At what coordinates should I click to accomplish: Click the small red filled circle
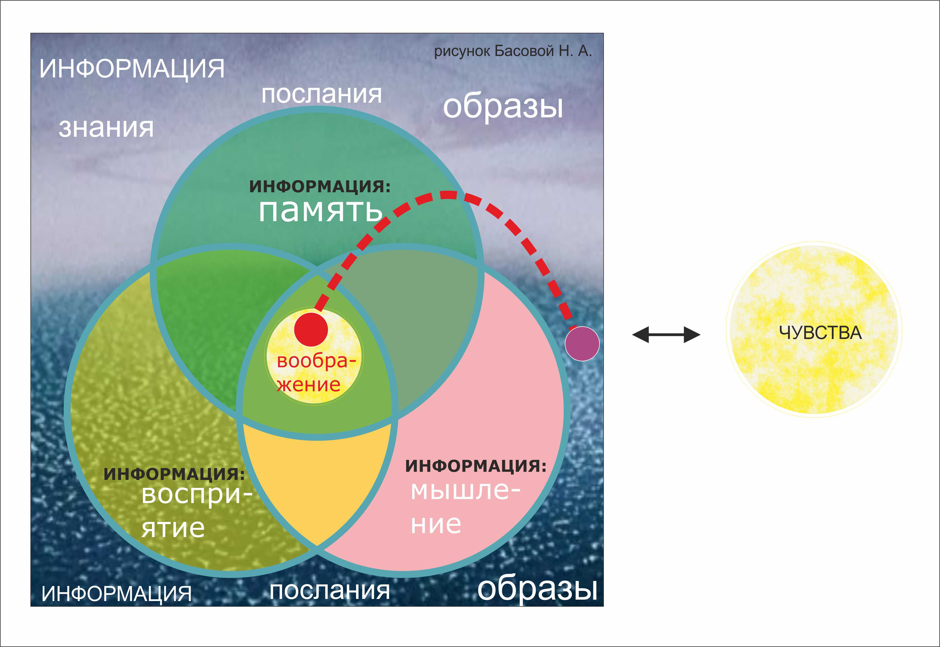tap(311, 329)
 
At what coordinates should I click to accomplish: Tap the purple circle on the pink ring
tap(582, 344)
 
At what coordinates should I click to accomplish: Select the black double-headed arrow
tap(666, 335)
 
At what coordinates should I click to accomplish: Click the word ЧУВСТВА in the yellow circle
tap(820, 333)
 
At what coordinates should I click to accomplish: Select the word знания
tap(106, 128)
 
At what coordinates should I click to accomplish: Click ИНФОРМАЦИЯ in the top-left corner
tap(132, 69)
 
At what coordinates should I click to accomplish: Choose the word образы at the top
tap(503, 107)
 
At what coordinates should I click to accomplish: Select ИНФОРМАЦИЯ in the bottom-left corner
tap(117, 594)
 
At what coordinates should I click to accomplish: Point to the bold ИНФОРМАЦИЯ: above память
tap(320, 186)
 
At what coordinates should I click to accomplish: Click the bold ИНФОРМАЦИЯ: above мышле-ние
tap(476, 466)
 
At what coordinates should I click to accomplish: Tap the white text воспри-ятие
tap(197, 512)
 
